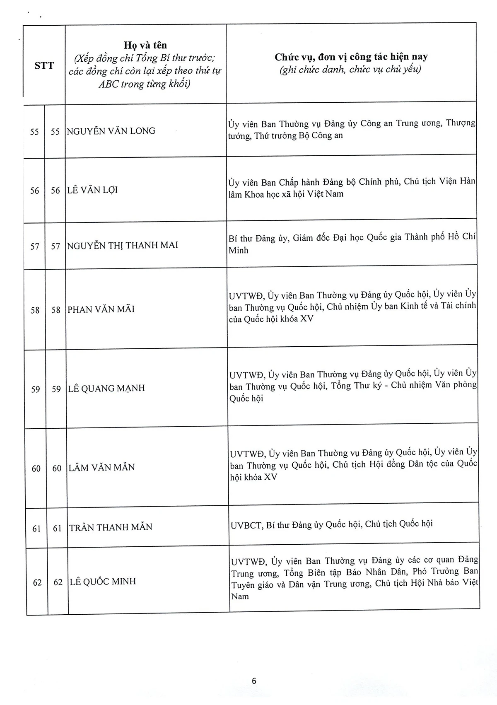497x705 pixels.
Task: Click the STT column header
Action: pos(44,65)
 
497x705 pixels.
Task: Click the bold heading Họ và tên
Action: pos(145,45)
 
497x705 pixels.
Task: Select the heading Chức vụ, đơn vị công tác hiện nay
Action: pos(351,57)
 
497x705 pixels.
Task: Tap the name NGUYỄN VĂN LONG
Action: pos(111,131)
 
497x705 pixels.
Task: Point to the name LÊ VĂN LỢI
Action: pos(92,190)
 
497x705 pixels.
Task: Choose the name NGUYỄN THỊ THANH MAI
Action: pos(123,245)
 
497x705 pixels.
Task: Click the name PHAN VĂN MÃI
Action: pos(101,309)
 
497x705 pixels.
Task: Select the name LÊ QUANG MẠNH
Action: pos(106,389)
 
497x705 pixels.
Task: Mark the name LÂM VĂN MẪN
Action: pos(102,467)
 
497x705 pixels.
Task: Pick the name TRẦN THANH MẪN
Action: pos(111,527)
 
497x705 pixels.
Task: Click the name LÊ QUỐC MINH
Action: pos(103,582)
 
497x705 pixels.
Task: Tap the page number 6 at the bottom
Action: pos(254,681)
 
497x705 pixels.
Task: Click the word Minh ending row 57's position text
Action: pos(238,250)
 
